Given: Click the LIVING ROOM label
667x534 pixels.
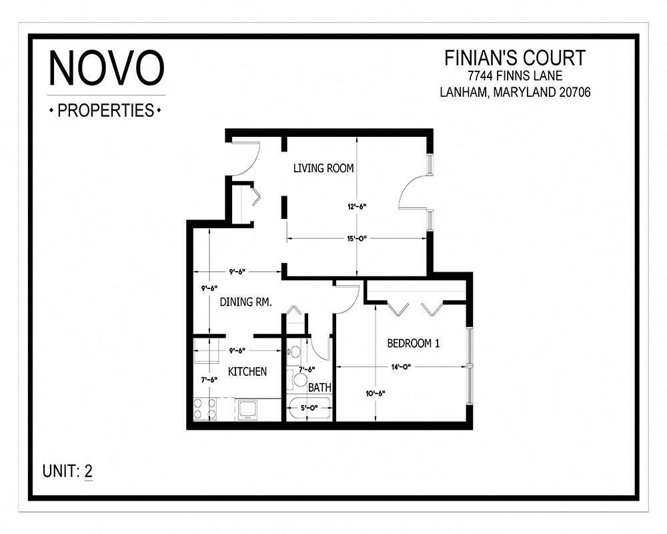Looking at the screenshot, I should point(323,168).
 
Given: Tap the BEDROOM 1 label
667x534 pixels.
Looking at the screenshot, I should point(414,344).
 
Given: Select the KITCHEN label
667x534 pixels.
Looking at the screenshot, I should point(247,372).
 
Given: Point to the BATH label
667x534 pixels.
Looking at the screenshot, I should point(319,387).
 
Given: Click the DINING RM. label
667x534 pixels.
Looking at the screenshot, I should point(245,302).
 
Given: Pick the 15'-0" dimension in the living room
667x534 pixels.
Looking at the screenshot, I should point(358,238).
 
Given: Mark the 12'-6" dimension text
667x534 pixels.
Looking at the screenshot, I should point(356,206).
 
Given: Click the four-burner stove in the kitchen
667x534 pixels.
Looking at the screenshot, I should point(205,409).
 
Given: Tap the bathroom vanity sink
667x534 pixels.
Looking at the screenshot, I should point(294,351).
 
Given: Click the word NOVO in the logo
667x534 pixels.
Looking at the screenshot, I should point(107,68).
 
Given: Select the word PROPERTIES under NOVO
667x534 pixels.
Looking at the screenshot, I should point(106,111).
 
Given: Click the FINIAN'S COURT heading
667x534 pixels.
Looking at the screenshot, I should point(514,58).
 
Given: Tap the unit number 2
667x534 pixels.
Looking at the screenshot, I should point(88,471).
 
